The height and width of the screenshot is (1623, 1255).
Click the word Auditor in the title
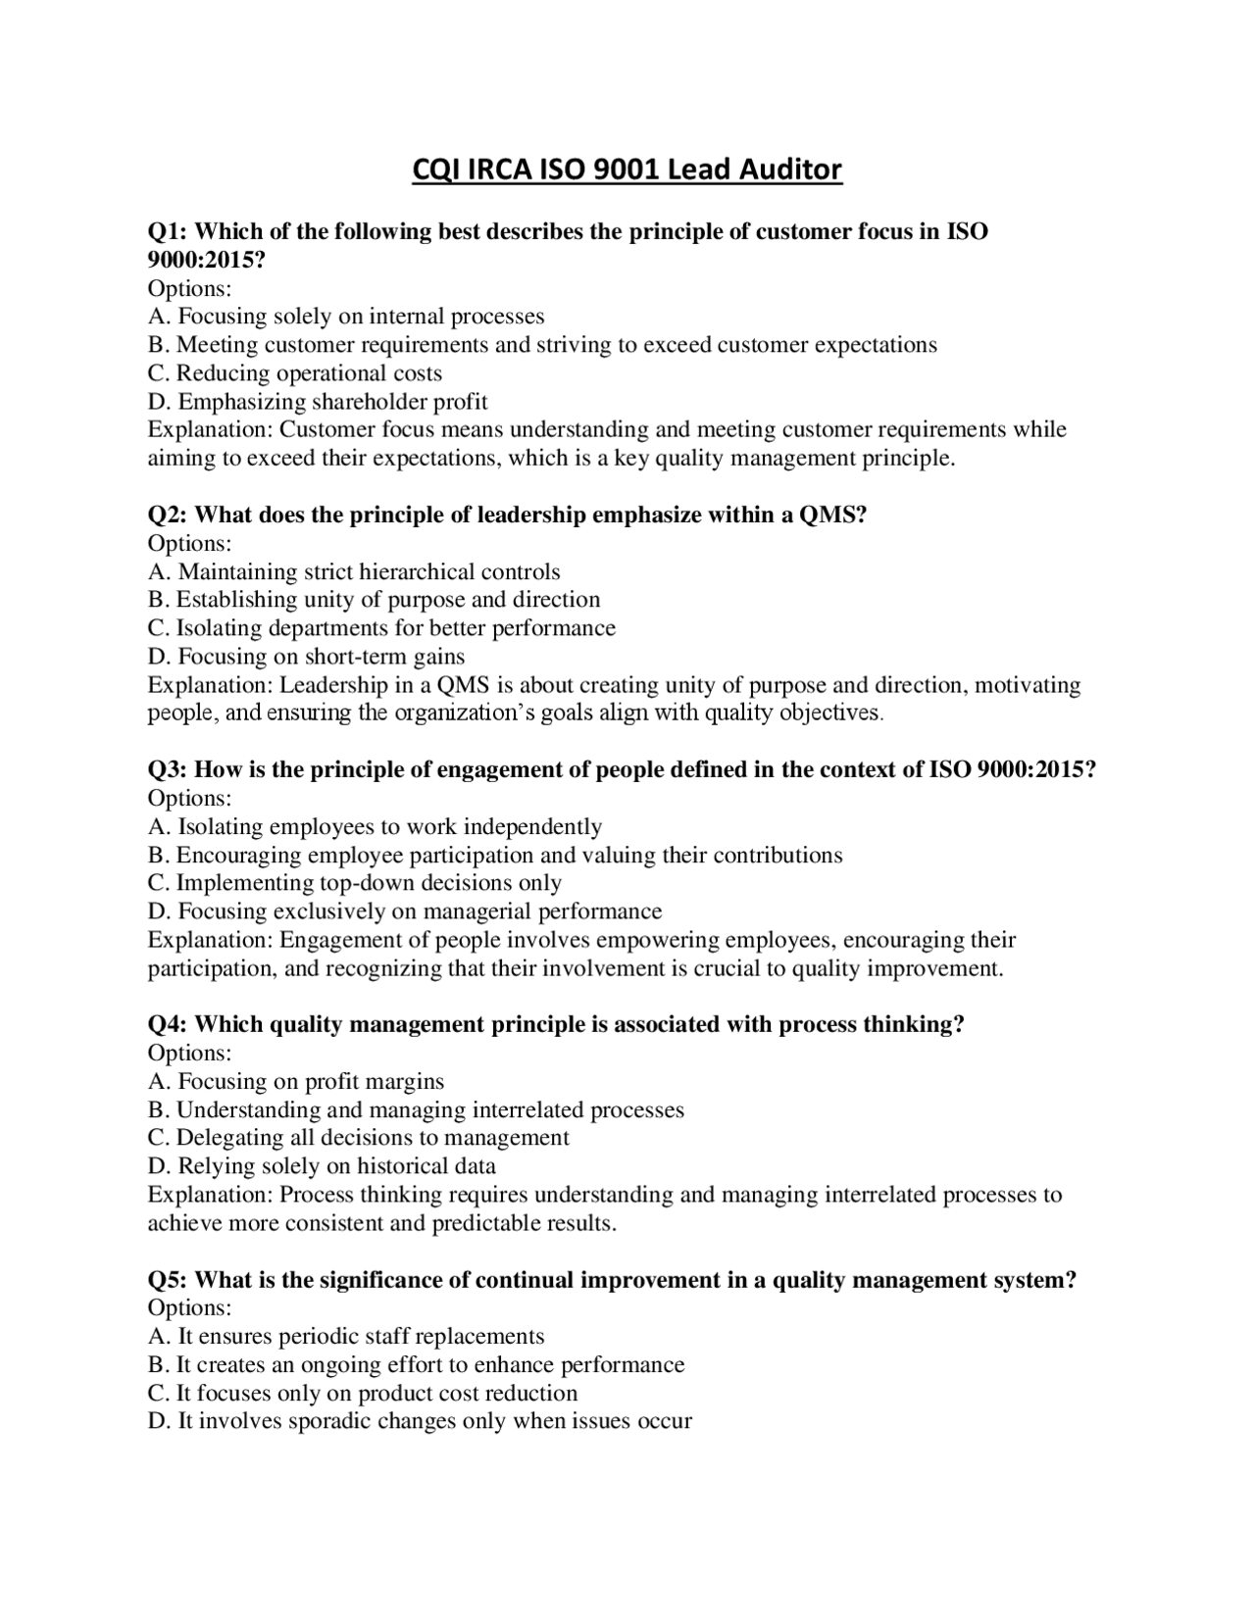[789, 171]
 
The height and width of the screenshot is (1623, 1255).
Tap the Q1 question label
[167, 232]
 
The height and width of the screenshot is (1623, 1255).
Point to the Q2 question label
[167, 516]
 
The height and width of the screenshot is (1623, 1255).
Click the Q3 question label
[167, 770]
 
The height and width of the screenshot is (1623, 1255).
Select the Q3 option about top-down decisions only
[354, 883]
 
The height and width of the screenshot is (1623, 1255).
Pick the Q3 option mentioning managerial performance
[405, 911]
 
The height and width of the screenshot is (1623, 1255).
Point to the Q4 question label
[167, 1025]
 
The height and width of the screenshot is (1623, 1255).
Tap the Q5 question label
[167, 1280]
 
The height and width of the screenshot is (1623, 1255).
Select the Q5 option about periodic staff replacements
[346, 1337]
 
